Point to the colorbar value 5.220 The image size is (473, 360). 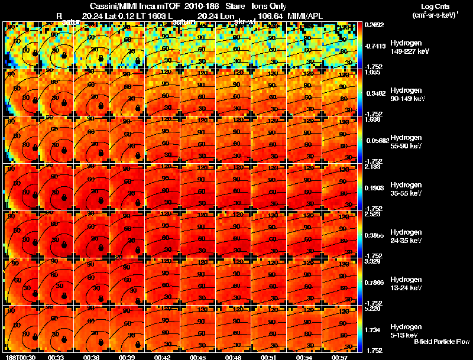(x=372, y=309)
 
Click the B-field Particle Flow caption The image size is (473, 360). (x=441, y=342)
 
